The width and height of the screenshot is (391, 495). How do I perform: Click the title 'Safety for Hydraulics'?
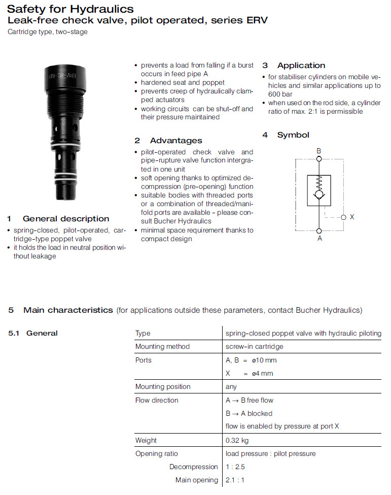coord(70,9)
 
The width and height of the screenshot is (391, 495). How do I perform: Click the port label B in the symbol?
coord(319,151)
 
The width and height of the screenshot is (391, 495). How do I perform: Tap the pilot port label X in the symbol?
coord(352,217)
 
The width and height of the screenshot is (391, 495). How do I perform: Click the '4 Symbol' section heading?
coord(286,135)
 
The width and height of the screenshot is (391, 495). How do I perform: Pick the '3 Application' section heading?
coord(294,65)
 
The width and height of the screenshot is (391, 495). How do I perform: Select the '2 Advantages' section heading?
coord(168,141)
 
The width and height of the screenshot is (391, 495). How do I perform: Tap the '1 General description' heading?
coord(58,219)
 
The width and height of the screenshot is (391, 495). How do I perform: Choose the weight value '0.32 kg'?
coord(237,440)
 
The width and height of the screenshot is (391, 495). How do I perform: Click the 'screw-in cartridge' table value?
coord(255,346)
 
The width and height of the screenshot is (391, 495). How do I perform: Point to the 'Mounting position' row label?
coord(163,386)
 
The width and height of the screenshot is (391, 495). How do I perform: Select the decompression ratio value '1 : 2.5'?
coord(235,467)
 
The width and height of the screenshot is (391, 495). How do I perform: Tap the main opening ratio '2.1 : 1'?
coord(235,480)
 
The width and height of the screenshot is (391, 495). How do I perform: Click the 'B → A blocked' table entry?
coord(249,413)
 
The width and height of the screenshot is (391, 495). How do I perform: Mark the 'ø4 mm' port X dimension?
coord(263,373)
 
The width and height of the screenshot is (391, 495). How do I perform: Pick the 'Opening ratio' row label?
coord(157,453)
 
